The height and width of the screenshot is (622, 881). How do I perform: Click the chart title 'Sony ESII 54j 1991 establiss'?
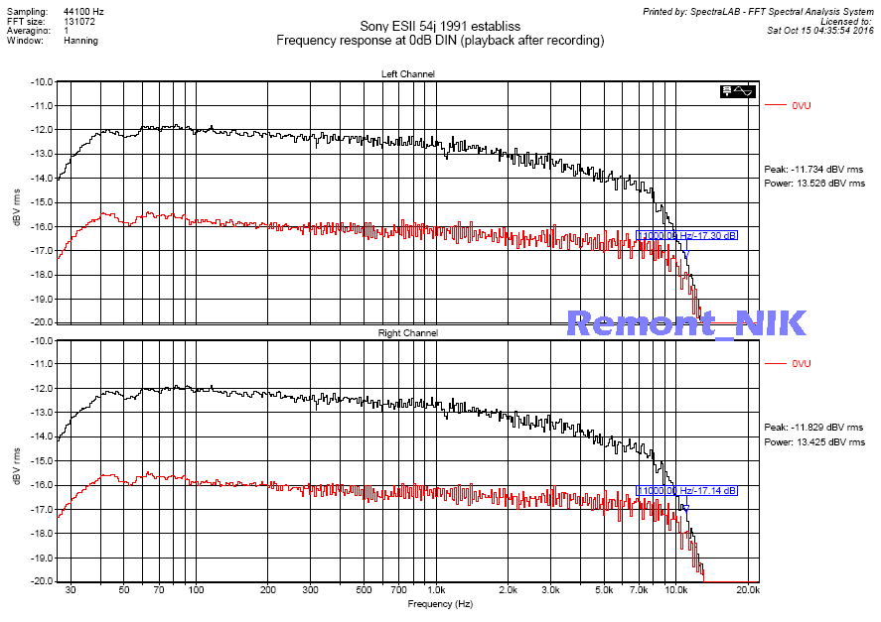[440, 26]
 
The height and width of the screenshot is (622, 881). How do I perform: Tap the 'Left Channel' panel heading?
[407, 74]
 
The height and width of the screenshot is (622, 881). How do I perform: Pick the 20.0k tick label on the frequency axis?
[748, 590]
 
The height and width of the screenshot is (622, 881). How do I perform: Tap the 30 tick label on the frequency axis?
[70, 590]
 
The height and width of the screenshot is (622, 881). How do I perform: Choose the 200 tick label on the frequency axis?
[267, 590]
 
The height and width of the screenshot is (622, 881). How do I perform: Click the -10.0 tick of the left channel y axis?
[43, 82]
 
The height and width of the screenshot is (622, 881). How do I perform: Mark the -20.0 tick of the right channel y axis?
[43, 581]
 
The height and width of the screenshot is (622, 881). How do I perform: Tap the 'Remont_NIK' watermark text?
[686, 322]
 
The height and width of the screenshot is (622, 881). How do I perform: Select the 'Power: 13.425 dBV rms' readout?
[813, 441]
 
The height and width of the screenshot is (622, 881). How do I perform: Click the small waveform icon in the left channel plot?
[740, 91]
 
